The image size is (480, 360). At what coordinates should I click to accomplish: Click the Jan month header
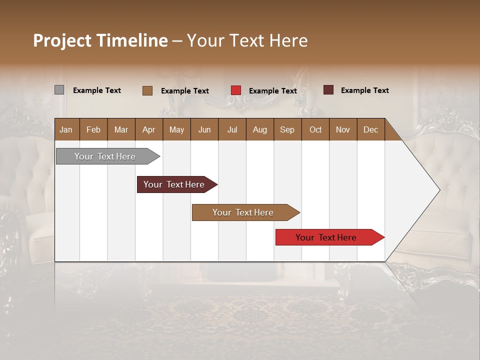point(66,129)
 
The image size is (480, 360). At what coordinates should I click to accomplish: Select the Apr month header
point(149,129)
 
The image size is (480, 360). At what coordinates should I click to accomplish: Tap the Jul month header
point(232,129)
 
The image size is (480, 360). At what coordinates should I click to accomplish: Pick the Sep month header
point(287,129)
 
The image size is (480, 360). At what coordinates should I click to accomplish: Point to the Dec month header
point(370,129)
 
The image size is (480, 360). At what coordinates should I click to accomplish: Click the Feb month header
point(93,129)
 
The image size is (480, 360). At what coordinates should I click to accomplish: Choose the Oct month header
point(315,129)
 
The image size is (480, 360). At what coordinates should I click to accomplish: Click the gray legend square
point(59,90)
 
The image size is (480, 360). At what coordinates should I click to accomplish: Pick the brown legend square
point(147,90)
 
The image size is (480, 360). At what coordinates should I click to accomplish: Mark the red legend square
point(236,90)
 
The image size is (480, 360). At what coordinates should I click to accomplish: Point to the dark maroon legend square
point(328,90)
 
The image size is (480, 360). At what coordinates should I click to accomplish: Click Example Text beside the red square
point(273,90)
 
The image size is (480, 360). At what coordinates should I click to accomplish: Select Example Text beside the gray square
point(97,90)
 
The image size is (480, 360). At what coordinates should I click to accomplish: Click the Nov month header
point(343,129)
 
